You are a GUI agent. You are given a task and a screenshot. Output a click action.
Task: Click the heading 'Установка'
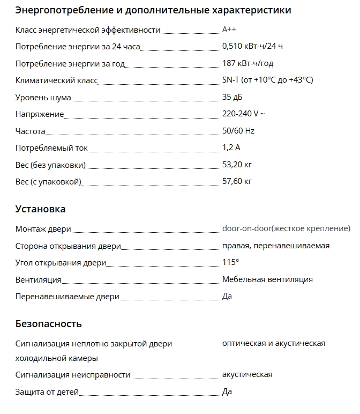(41, 209)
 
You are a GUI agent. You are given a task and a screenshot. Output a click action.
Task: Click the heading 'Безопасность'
(49, 323)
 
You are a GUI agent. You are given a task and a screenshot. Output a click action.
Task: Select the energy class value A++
(229, 30)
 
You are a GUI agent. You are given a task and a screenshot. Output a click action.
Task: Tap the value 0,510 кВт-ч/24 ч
(252, 47)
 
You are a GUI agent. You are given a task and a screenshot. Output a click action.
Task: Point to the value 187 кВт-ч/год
(247, 63)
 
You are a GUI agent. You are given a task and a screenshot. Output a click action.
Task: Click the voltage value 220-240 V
(243, 114)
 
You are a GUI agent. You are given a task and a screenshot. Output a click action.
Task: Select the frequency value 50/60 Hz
(238, 131)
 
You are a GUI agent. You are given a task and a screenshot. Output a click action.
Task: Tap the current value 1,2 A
(231, 147)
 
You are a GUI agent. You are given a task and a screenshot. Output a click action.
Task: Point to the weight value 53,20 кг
(237, 165)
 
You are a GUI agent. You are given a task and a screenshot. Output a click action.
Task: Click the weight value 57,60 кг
(237, 181)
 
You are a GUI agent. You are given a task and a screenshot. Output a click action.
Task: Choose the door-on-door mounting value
(286, 229)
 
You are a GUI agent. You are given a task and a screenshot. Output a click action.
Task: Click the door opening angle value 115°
(230, 262)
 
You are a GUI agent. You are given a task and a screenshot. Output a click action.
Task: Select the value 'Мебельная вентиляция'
(267, 279)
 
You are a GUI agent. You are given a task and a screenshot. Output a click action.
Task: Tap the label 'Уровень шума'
(43, 97)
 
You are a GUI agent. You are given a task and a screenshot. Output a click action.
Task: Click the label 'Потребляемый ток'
(51, 147)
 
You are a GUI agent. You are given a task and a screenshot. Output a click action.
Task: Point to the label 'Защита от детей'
(47, 392)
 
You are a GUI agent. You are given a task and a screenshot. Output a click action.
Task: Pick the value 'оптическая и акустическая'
(274, 343)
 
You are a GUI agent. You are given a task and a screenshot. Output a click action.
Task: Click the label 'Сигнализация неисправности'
(73, 375)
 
